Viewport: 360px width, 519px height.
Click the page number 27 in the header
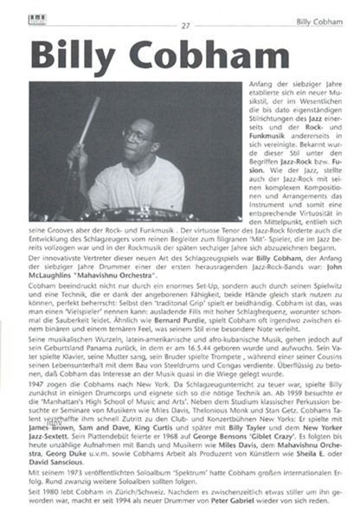click(185, 24)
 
